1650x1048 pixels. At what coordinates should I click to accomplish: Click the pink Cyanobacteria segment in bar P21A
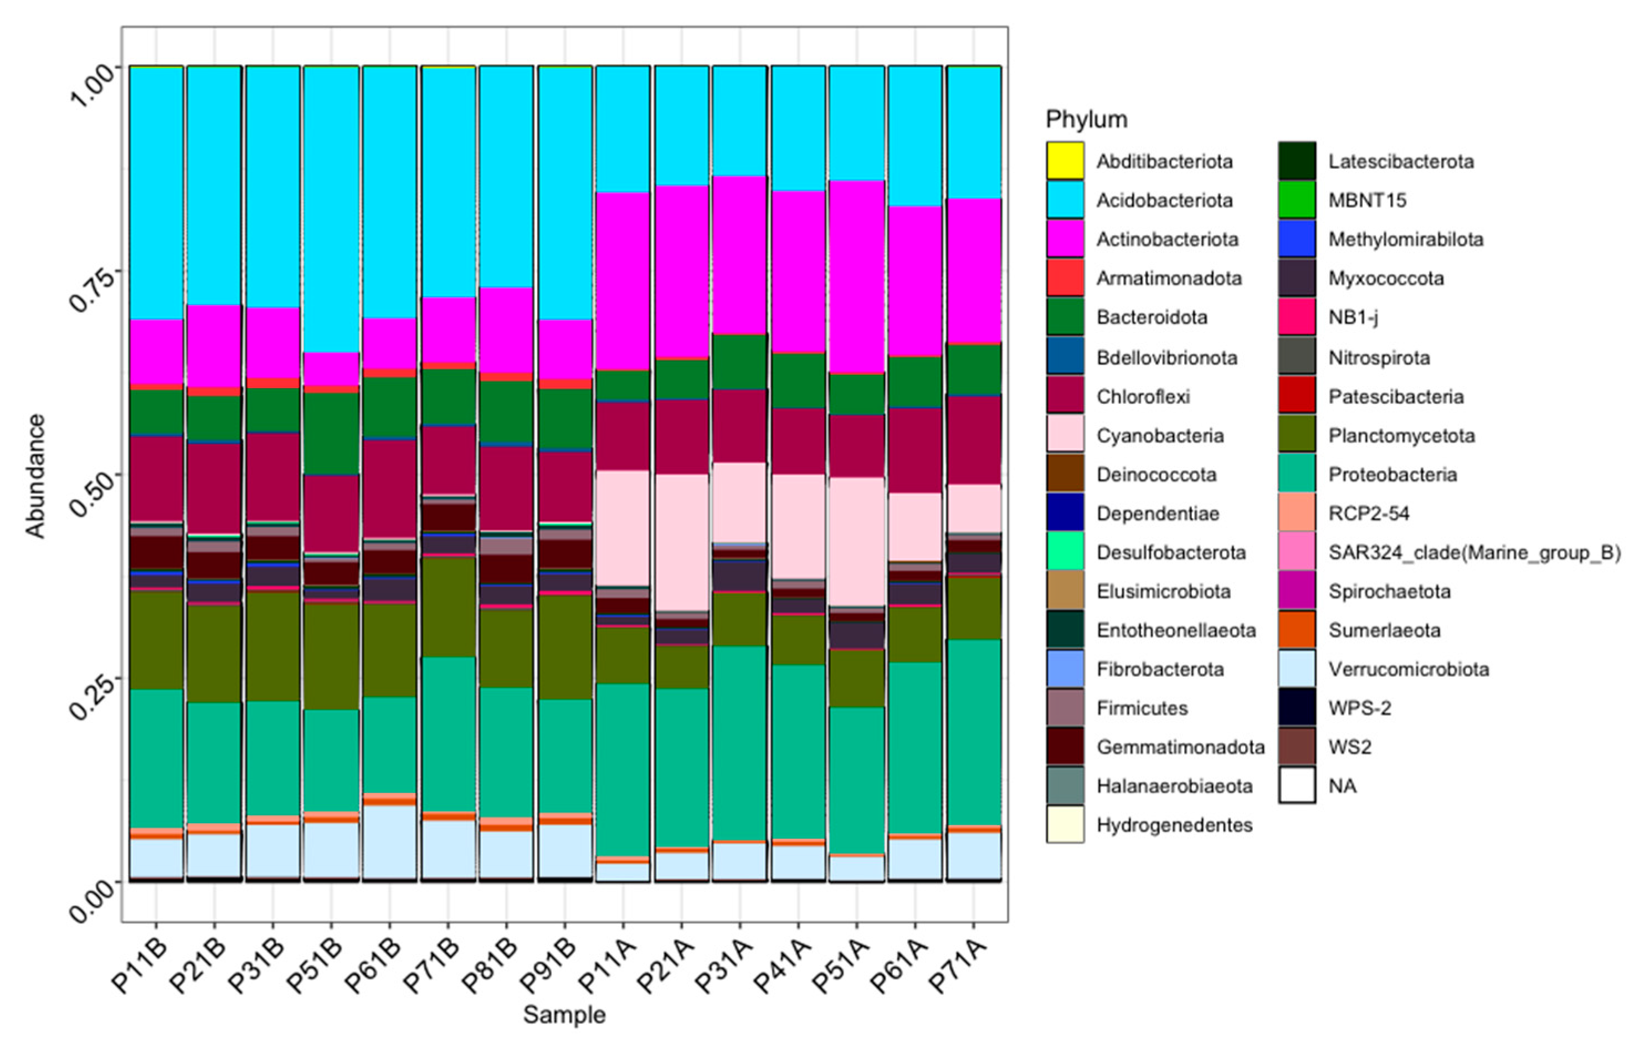click(x=681, y=542)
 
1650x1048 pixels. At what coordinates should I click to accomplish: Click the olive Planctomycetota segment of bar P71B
click(x=448, y=607)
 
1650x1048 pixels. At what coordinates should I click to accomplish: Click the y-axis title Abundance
click(x=35, y=476)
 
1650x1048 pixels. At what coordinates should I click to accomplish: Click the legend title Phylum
click(x=1086, y=120)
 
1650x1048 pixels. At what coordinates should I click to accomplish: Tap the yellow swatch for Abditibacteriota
click(x=1065, y=161)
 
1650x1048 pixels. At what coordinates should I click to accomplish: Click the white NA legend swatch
click(x=1297, y=785)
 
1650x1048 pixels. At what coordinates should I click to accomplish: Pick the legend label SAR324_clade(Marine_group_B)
click(x=1474, y=552)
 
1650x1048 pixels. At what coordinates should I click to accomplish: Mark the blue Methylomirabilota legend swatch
click(x=1297, y=239)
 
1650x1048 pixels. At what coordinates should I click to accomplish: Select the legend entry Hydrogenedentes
click(x=1174, y=825)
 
